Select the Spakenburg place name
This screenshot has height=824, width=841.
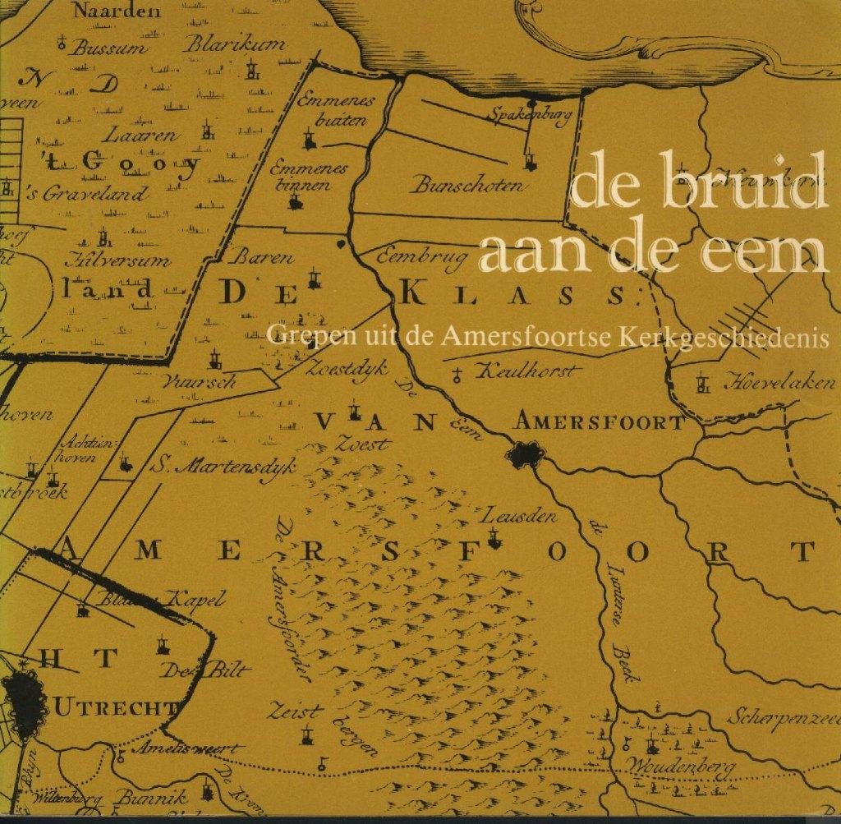(528, 115)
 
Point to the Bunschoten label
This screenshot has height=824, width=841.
(469, 184)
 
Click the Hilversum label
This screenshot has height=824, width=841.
(118, 261)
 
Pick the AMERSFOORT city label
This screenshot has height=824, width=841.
(598, 422)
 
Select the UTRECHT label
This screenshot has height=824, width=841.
(114, 707)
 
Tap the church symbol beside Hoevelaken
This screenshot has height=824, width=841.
(701, 383)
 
